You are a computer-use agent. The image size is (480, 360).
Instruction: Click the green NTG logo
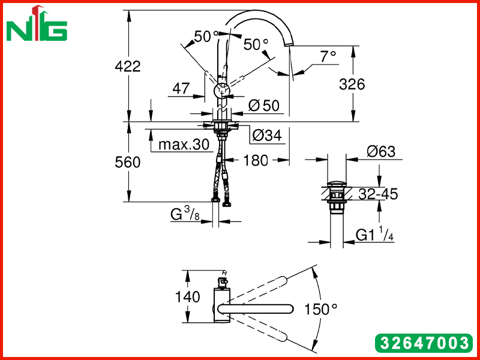click(37, 24)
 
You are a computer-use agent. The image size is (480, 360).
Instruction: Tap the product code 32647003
click(424, 343)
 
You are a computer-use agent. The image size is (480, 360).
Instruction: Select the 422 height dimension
click(128, 66)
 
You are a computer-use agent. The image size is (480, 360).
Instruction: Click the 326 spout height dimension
click(352, 84)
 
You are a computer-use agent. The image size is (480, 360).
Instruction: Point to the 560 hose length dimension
click(128, 162)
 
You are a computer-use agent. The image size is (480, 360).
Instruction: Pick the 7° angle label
click(328, 56)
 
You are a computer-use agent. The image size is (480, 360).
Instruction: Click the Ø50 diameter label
click(264, 106)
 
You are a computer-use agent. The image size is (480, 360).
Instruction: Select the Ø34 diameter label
click(267, 135)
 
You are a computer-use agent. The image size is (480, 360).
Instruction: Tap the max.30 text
click(184, 144)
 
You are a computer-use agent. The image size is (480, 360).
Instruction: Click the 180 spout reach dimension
click(256, 160)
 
